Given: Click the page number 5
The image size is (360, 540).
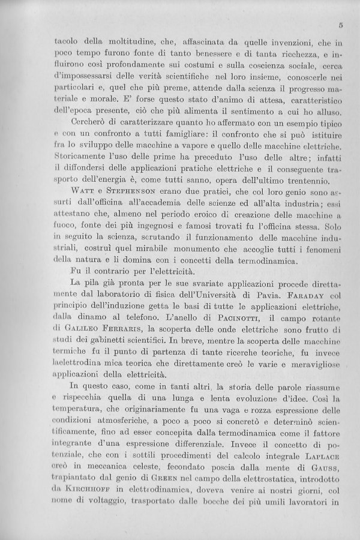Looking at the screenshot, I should point(340,26).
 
